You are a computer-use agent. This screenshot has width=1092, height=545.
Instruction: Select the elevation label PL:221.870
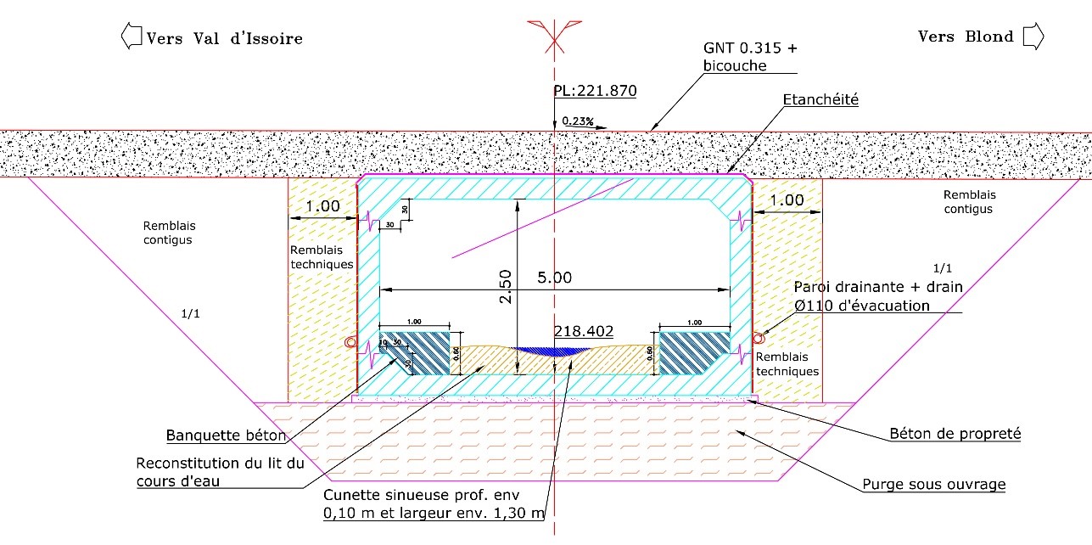tap(594, 91)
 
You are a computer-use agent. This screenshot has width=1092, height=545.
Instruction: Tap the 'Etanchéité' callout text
tap(821, 100)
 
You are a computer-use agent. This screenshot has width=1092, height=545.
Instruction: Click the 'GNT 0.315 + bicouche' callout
tap(750, 56)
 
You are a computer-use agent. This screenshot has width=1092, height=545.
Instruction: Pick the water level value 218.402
tap(583, 331)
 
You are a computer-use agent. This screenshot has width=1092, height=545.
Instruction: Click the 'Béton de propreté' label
tap(955, 434)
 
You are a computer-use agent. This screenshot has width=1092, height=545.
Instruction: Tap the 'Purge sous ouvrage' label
tap(932, 485)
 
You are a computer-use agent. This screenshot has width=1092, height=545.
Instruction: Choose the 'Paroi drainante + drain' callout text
tap(878, 288)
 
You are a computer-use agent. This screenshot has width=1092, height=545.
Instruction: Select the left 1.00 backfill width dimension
tap(322, 205)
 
